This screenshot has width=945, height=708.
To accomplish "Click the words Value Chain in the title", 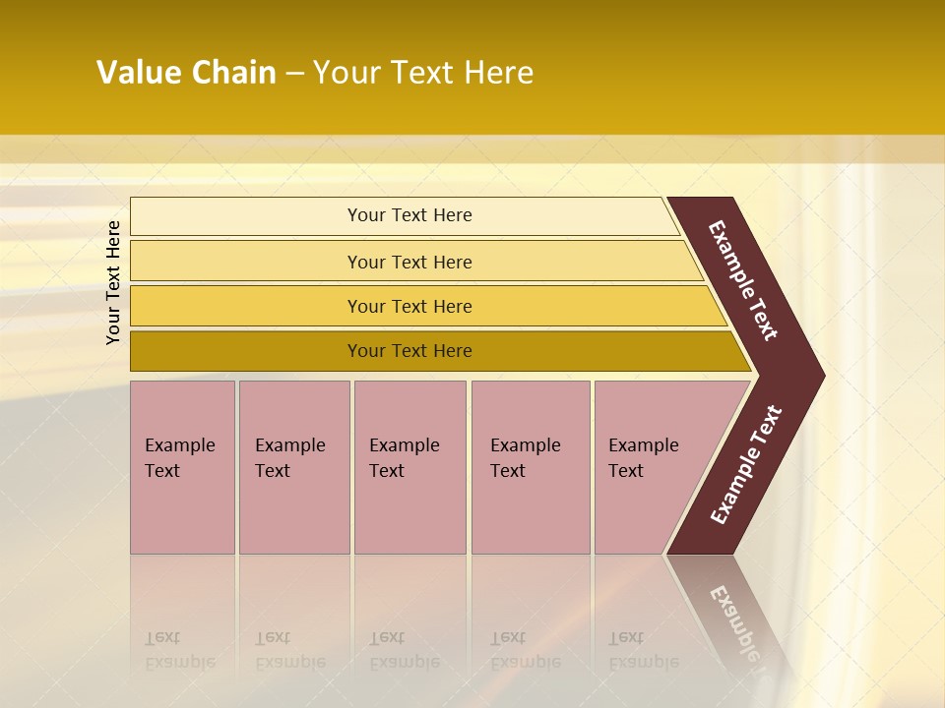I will point(186,73).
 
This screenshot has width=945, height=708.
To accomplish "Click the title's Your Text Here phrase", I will point(423,73).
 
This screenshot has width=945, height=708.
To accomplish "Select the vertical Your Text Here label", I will point(113,282).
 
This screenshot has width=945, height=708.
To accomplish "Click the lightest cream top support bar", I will point(246,216).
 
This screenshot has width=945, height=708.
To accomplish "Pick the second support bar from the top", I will point(246,262).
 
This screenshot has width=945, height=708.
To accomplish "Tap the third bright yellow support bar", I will point(246,306).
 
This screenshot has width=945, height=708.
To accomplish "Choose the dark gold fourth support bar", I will point(246,351).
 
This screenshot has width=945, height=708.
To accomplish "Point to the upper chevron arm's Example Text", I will point(743,280).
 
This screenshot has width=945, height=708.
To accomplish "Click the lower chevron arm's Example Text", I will point(745,465).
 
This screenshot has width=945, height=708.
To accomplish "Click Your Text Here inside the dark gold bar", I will point(409,351).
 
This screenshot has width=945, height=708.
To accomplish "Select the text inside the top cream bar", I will point(409,215).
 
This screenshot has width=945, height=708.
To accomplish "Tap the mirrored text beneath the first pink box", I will point(179,650).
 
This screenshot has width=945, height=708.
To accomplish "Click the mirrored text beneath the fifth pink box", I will point(643,650).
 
